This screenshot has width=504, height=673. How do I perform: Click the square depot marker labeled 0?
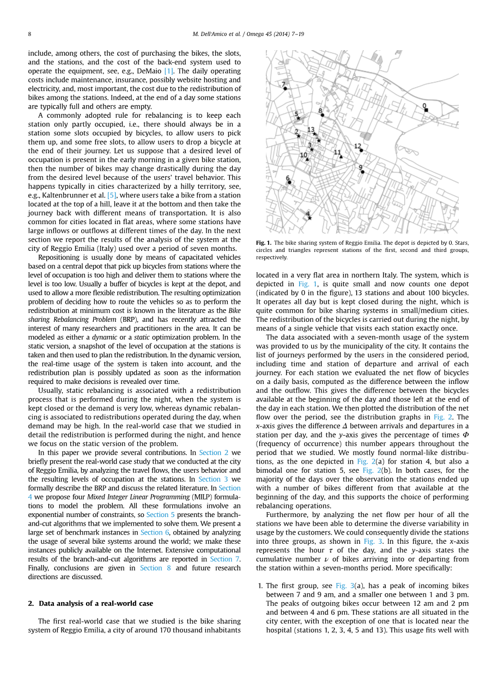point(426,110)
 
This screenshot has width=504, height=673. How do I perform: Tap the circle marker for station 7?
point(285,88)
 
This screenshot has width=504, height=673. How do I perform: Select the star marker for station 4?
point(309,218)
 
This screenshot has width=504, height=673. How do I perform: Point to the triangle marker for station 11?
point(341,157)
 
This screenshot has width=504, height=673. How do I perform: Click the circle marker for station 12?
point(361,149)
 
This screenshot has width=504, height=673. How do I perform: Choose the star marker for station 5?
point(299,118)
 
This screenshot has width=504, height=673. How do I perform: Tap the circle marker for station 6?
point(289,182)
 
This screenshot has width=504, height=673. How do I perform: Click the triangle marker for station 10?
point(307,159)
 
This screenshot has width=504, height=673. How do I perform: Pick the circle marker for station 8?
point(323,115)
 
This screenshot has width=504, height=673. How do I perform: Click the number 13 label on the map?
point(311,130)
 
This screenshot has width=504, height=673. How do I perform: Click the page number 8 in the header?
point(29,34)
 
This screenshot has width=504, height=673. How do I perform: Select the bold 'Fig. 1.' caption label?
point(264,243)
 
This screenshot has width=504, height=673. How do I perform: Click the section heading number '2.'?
point(31,603)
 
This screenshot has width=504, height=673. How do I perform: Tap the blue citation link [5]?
point(112,195)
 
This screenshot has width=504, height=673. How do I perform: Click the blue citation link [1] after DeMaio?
point(169,71)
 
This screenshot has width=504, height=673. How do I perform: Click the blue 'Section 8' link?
point(151,568)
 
